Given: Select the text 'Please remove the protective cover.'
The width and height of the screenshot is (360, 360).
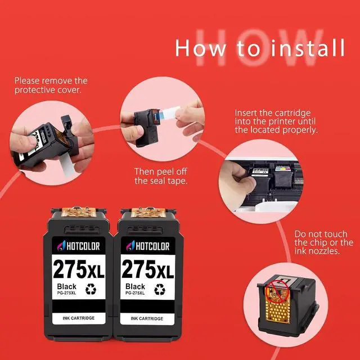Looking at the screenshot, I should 51,85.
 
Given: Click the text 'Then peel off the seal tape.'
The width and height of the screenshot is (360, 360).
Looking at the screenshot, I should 160,176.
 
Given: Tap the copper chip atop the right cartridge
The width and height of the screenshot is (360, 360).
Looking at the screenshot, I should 147,213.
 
